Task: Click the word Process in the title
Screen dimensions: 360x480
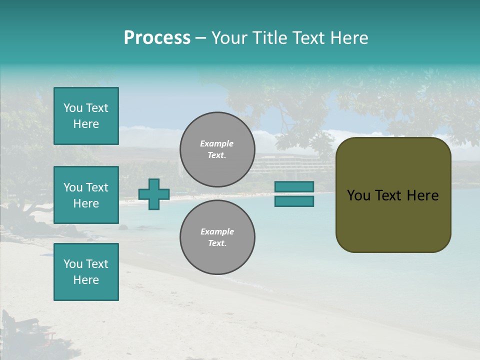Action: (x=157, y=38)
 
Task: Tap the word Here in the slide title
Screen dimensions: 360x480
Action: (x=349, y=38)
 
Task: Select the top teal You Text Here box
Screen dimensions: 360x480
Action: (x=86, y=116)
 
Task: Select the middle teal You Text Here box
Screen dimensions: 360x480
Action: (x=86, y=195)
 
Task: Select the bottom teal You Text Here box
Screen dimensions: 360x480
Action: (x=86, y=271)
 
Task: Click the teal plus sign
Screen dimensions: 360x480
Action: (x=153, y=194)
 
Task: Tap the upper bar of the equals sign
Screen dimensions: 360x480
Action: (x=294, y=186)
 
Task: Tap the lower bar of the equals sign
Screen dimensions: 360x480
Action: (x=294, y=201)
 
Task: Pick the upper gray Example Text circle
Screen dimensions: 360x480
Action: (x=217, y=149)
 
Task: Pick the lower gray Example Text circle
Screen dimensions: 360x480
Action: (x=217, y=237)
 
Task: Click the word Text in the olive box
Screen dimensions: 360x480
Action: (x=393, y=195)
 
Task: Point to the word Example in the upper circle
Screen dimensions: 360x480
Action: (x=216, y=143)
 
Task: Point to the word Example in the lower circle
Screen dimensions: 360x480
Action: (x=216, y=231)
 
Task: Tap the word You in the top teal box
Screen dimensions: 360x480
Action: (x=73, y=108)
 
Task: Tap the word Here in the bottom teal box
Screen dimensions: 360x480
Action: (x=86, y=280)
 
